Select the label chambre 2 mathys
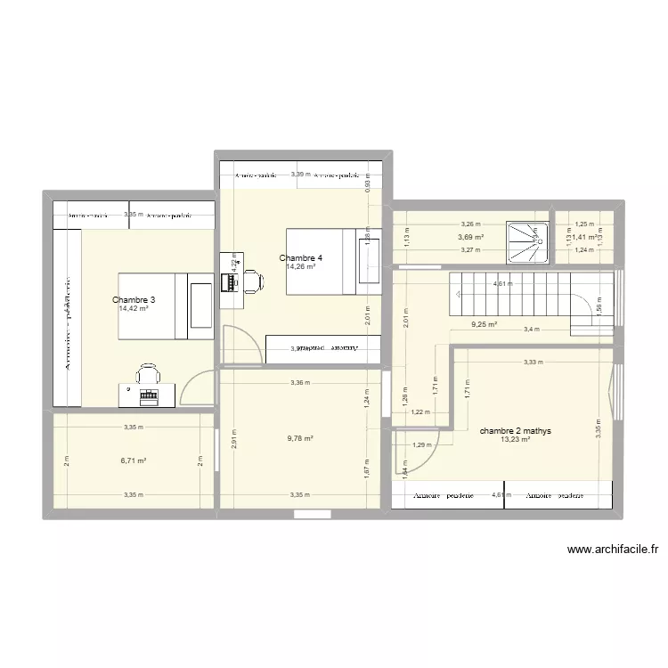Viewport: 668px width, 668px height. coord(515,430)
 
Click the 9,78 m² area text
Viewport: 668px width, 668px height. coord(300,438)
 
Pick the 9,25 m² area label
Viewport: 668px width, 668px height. coord(484,325)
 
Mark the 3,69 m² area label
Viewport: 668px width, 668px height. coord(470,237)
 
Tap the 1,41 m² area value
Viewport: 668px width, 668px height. coord(585,237)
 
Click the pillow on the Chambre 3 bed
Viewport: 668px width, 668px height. coord(201,305)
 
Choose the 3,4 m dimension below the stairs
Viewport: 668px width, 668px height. coord(531,330)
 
